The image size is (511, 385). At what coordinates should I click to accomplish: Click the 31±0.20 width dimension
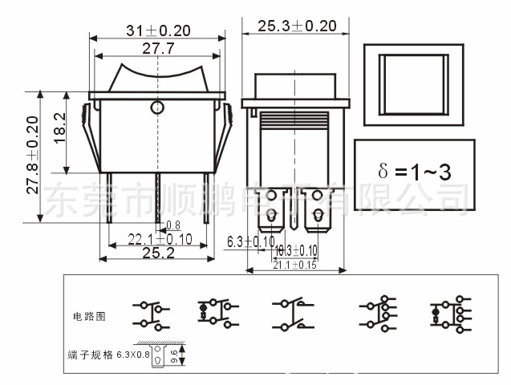pyautogui.click(x=158, y=30)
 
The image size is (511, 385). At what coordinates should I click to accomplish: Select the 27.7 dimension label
pyautogui.click(x=158, y=49)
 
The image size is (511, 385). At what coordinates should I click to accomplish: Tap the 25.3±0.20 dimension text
pyautogui.click(x=297, y=26)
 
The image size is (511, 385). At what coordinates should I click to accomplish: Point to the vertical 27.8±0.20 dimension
pyautogui.click(x=32, y=156)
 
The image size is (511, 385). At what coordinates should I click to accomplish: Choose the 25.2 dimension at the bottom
pyautogui.click(x=158, y=252)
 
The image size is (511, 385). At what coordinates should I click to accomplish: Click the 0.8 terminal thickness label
pyautogui.click(x=172, y=225)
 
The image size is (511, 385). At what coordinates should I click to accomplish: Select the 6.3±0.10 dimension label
pyautogui.click(x=251, y=241)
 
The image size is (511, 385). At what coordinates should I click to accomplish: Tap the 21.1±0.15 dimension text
pyautogui.click(x=295, y=264)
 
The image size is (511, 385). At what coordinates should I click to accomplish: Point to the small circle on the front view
pyautogui.click(x=157, y=106)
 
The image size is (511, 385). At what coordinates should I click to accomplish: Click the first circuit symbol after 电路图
pyautogui.click(x=150, y=315)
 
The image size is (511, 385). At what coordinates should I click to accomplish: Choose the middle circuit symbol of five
pyautogui.click(x=292, y=315)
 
